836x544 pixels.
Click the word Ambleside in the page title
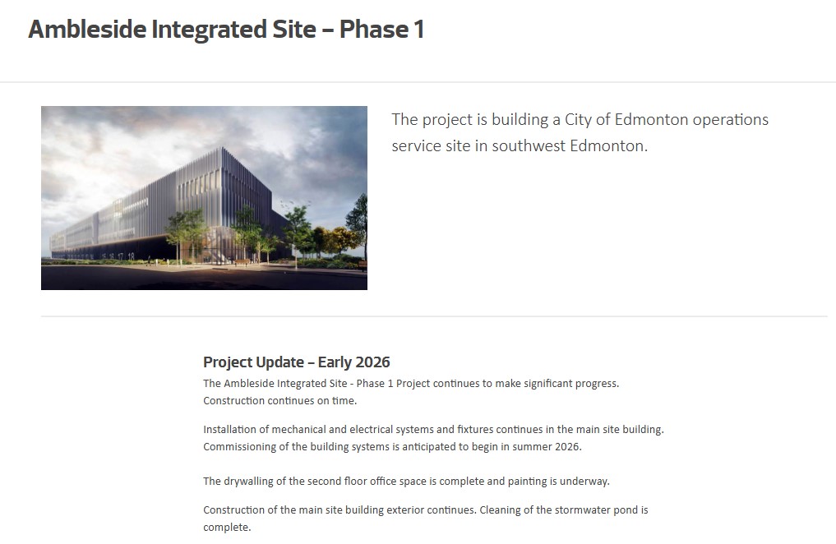87,29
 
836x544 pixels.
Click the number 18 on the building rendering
131,257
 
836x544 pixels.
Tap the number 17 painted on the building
121,257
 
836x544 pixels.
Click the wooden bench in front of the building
242,262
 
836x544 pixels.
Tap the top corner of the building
221,148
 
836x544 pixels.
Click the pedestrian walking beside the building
150,260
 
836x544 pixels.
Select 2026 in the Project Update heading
372,362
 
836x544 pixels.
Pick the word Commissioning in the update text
239,446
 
